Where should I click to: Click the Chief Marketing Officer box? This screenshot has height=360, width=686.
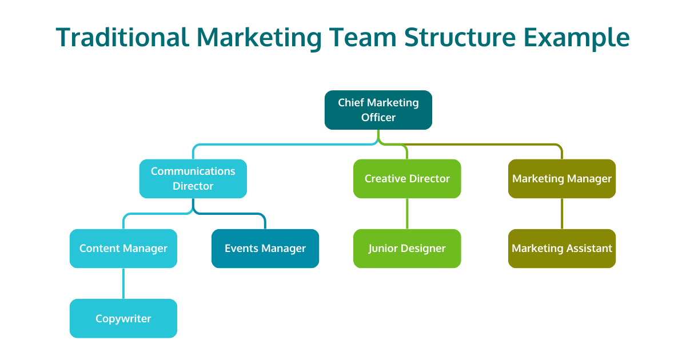[x=378, y=110]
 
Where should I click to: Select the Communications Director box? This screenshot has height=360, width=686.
[x=193, y=178]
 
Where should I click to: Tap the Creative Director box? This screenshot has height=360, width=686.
[x=406, y=178]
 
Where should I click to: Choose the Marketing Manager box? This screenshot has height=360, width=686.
[x=561, y=178]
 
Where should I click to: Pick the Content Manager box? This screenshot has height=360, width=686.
[x=123, y=248]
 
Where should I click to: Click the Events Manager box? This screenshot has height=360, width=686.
[x=265, y=248]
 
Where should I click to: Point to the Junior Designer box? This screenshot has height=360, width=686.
[x=406, y=248]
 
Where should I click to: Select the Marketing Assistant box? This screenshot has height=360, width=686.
[x=561, y=248]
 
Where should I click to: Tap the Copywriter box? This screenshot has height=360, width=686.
[x=123, y=318]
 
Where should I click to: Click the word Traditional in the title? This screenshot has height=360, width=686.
[x=122, y=38]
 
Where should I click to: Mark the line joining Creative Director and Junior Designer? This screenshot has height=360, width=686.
[x=407, y=214]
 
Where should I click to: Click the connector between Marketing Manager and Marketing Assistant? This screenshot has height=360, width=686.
[x=562, y=214]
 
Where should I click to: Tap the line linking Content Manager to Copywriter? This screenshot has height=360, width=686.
[x=123, y=283]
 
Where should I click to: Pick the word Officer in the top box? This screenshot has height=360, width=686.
[x=378, y=118]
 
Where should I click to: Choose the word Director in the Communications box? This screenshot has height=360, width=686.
[x=193, y=186]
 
